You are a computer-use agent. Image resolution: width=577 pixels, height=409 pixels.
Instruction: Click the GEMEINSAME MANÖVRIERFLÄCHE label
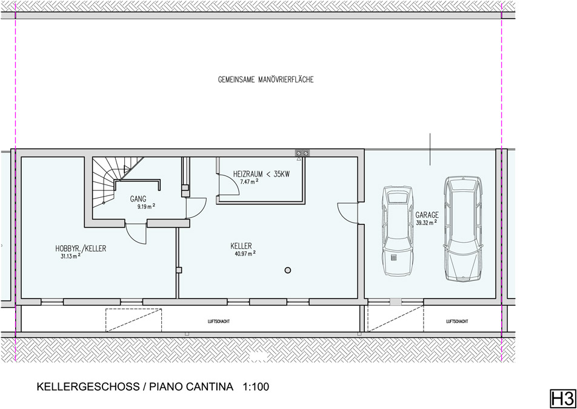click(x=265, y=79)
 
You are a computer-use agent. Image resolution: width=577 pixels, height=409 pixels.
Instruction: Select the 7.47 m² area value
click(x=250, y=181)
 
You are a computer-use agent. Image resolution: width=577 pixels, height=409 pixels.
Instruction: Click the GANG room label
click(x=138, y=199)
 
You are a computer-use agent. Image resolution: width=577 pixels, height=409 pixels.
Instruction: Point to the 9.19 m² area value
click(x=146, y=206)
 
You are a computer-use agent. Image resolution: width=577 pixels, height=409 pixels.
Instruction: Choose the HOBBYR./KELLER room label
click(x=81, y=248)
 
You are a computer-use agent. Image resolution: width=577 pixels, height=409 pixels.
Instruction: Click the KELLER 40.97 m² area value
click(x=245, y=253)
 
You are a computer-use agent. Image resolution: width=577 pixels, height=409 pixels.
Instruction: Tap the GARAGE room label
click(x=427, y=215)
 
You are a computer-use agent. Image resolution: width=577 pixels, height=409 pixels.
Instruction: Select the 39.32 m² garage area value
click(x=427, y=223)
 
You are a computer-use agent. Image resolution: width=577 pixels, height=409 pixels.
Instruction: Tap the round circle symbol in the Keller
click(x=288, y=269)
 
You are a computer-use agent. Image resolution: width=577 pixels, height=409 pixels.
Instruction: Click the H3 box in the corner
click(x=561, y=399)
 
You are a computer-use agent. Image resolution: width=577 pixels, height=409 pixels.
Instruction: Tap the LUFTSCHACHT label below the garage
click(x=456, y=322)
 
